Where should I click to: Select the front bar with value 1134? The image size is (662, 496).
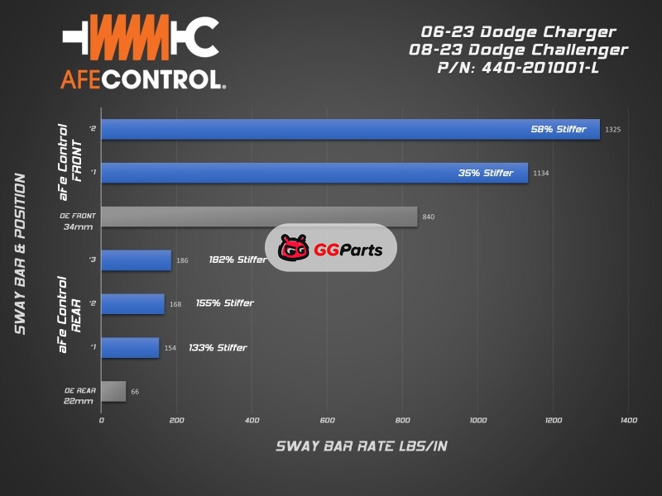314,173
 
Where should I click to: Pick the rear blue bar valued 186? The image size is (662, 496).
136,260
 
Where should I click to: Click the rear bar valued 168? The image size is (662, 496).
132,303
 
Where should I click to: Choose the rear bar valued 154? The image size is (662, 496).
130,347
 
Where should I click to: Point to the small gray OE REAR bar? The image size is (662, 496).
113,391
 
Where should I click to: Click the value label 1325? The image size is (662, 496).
613,130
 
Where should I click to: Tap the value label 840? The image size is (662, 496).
429,217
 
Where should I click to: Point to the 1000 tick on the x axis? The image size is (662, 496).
477,421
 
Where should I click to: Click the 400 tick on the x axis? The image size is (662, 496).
252,421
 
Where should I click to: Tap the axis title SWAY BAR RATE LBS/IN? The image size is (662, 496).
362,446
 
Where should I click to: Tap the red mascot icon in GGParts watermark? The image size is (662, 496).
294,248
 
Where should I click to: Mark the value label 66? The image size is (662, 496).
135,392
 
